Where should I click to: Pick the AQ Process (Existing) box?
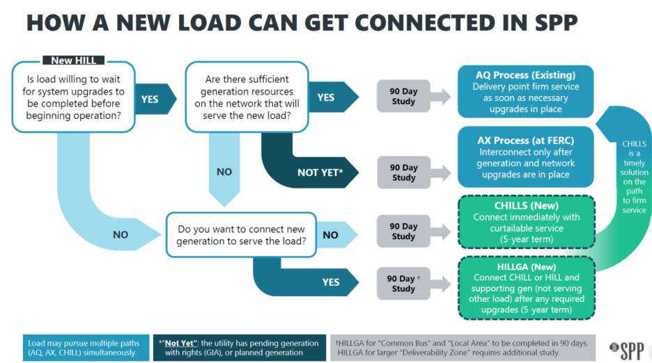(525, 91)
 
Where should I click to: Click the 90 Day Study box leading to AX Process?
(403, 172)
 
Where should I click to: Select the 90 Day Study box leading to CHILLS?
(403, 231)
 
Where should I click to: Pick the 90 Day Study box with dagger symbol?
(403, 283)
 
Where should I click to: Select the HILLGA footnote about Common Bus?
(462, 347)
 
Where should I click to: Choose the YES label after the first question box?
(150, 99)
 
